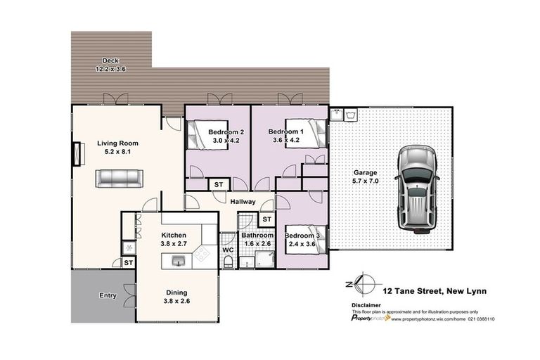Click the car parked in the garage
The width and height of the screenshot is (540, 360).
(418, 191)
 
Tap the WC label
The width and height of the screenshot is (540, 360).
(229, 250)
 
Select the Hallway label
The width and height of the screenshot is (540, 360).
(243, 202)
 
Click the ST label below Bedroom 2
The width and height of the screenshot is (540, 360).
(218, 185)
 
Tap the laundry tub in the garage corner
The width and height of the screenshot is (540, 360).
(348, 115)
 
